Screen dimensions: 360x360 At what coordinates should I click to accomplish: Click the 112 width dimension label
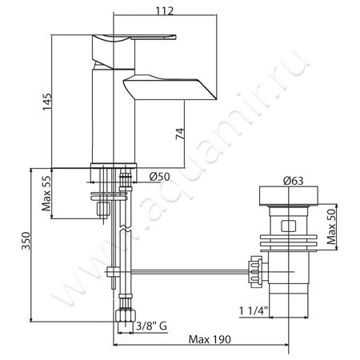(x=165, y=11)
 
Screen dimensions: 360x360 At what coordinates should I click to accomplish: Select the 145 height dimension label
(x=47, y=102)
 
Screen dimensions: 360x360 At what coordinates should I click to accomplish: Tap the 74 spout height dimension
(x=180, y=134)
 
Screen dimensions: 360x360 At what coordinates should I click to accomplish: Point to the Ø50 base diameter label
(x=159, y=177)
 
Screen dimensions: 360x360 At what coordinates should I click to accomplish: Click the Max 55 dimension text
(x=46, y=194)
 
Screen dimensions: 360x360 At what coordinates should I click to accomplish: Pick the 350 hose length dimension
(x=26, y=241)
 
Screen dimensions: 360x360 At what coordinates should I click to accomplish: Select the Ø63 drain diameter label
(x=293, y=181)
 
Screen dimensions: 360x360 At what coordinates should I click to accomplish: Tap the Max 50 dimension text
(x=331, y=227)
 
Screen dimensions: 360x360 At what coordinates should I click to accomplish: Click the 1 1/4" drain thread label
(x=254, y=311)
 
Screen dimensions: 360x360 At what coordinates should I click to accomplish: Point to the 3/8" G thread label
(x=151, y=326)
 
